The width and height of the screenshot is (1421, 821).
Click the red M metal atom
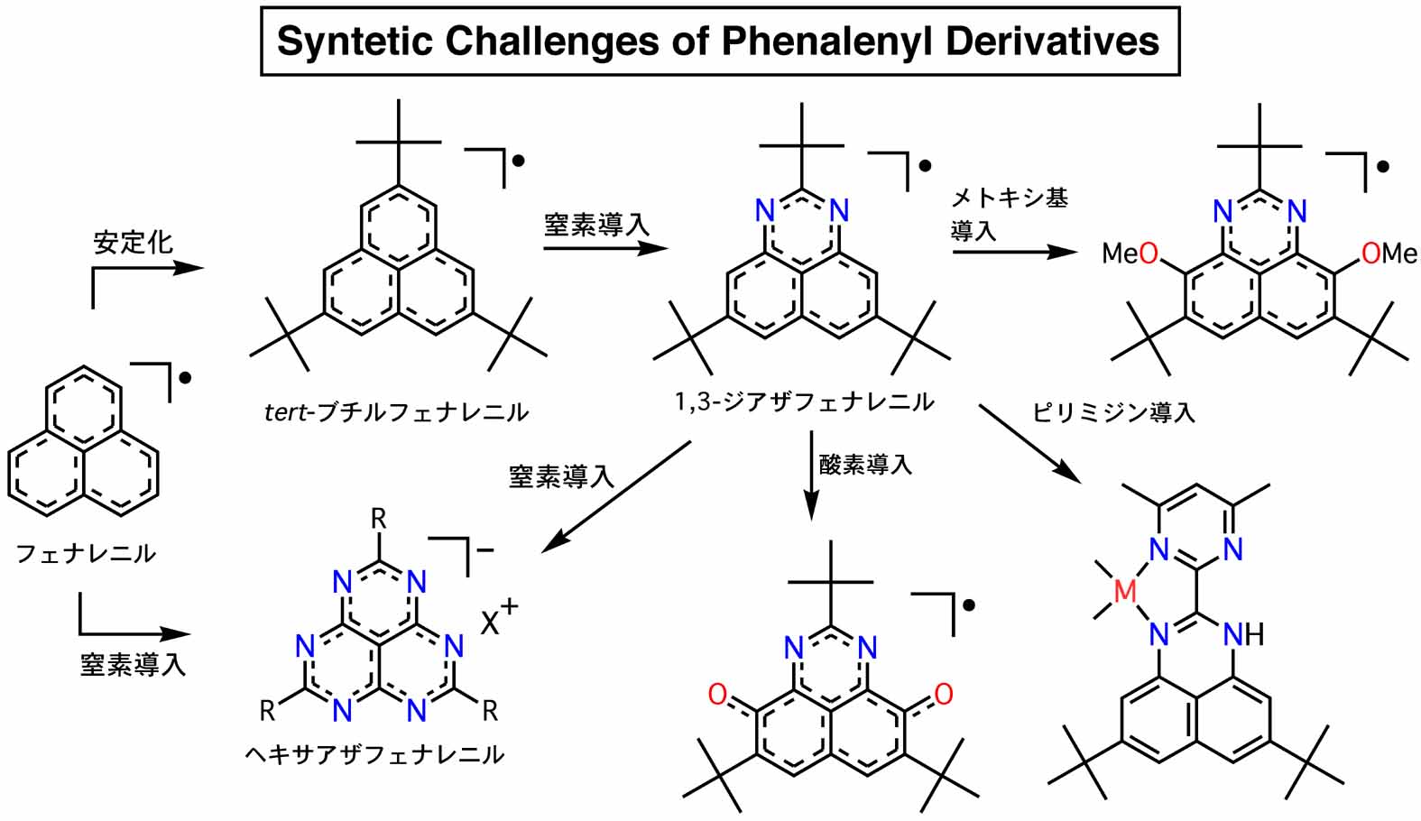coord(1124,592)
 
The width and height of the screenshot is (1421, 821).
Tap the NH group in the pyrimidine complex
coord(1243,636)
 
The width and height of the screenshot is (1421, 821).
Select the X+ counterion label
coord(499,619)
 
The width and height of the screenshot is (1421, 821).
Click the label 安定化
coord(133,242)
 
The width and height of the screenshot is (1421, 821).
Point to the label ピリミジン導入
coord(1113,413)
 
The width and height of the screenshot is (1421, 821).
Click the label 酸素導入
coord(865,466)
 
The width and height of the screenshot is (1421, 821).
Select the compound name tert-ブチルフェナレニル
coord(396,412)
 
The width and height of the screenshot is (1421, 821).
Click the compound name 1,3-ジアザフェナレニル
coord(804,401)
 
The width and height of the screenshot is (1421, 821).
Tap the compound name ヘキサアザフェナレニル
coord(374,754)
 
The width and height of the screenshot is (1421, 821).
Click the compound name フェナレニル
coord(86,553)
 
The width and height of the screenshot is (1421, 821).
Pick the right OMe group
coord(1389,254)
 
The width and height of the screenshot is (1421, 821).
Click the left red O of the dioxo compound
coord(717,694)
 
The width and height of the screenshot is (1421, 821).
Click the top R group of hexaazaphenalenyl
coord(379,519)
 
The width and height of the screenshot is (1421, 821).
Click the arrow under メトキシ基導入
coord(1014,252)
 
